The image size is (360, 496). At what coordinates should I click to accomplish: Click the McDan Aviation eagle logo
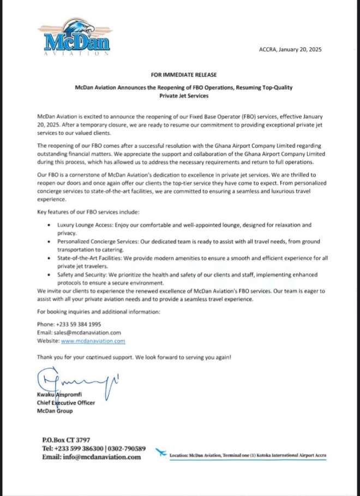coord(74,38)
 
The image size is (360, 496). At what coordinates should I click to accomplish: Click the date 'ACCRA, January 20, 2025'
coord(290,49)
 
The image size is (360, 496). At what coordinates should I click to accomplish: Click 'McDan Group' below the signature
coord(55,411)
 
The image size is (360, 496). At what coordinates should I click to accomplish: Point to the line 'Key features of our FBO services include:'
coord(87,211)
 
